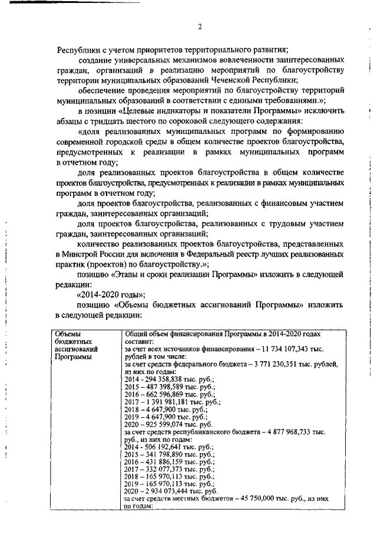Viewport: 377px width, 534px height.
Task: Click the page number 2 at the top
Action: (200, 27)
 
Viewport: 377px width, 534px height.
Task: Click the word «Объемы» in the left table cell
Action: (67, 334)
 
